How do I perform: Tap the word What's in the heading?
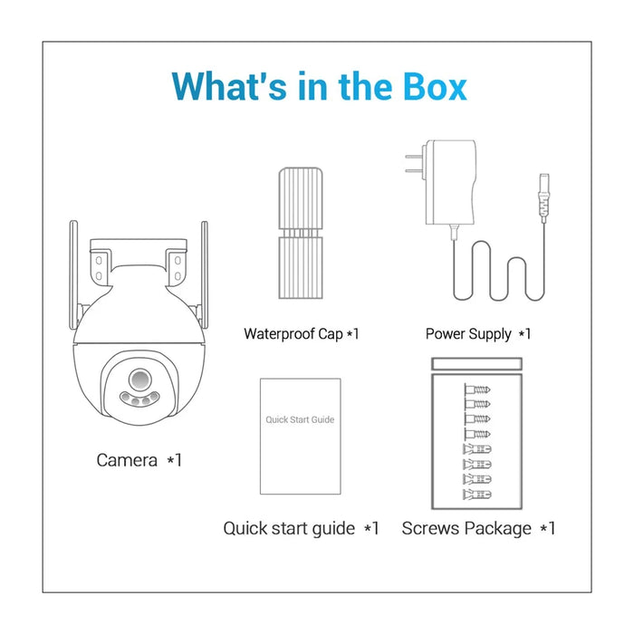click(229, 86)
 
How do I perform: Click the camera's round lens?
click(139, 379)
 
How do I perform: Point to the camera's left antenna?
click(73, 275)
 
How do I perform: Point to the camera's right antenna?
click(204, 275)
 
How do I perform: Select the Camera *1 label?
click(139, 460)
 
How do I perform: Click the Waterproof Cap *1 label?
click(302, 334)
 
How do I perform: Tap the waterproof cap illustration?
click(301, 234)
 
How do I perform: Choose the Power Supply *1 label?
click(478, 334)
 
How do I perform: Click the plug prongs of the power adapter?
click(415, 163)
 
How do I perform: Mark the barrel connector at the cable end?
click(544, 198)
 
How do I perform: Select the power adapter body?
click(450, 182)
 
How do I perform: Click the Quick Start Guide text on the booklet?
click(300, 419)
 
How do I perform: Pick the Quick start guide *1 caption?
click(302, 528)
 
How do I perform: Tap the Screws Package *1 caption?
click(478, 528)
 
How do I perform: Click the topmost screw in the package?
click(477, 389)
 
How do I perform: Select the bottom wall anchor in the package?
click(477, 495)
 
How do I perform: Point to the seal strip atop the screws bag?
click(476, 364)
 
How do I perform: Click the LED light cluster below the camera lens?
click(139, 399)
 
